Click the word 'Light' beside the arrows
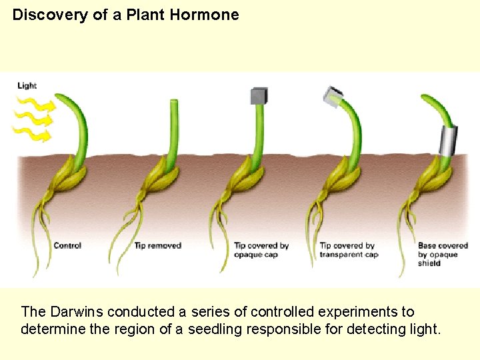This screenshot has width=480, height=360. pyautogui.click(x=27, y=85)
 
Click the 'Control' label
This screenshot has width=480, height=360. pyautogui.click(x=67, y=246)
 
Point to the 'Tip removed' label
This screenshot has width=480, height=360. pyautogui.click(x=158, y=246)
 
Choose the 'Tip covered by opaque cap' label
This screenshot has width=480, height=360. pyautogui.click(x=261, y=250)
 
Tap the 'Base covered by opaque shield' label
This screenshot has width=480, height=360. pyautogui.click(x=443, y=254)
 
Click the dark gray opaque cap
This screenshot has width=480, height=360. pyautogui.click(x=258, y=96)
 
